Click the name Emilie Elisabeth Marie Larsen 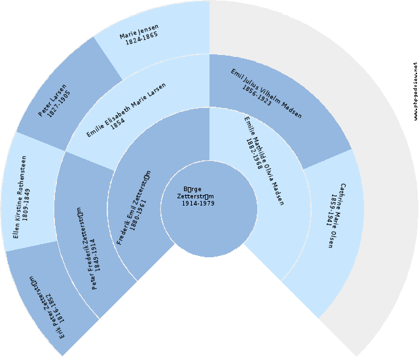click(126, 111)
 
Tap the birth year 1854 click(118, 124)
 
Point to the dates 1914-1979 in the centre click(198, 203)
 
